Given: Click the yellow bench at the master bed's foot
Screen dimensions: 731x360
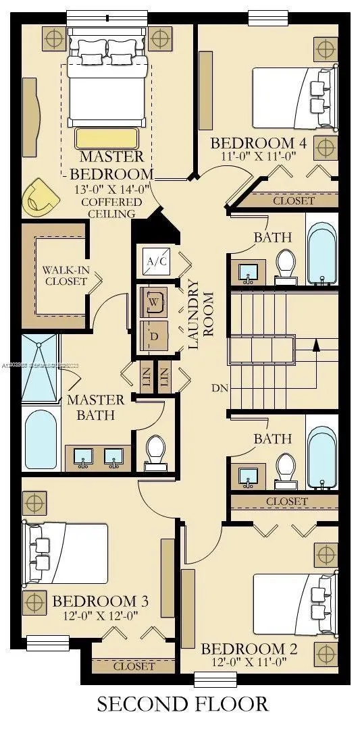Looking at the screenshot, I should click(x=107, y=138).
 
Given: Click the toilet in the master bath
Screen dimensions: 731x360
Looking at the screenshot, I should click(x=156, y=451).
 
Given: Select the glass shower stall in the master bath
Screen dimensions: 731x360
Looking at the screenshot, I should click(x=41, y=368).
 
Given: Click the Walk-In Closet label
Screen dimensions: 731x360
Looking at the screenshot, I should click(x=64, y=275).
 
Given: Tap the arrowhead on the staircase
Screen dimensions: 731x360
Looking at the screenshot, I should click(x=314, y=346).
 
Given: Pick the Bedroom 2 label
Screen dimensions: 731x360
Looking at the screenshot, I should click(x=249, y=649).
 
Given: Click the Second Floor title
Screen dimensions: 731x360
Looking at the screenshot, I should click(x=182, y=704).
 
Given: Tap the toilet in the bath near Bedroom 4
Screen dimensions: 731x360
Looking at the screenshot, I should click(x=286, y=263).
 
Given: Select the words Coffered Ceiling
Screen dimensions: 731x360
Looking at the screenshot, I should click(x=111, y=208).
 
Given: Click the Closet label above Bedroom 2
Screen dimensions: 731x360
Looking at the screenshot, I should click(x=286, y=502).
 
